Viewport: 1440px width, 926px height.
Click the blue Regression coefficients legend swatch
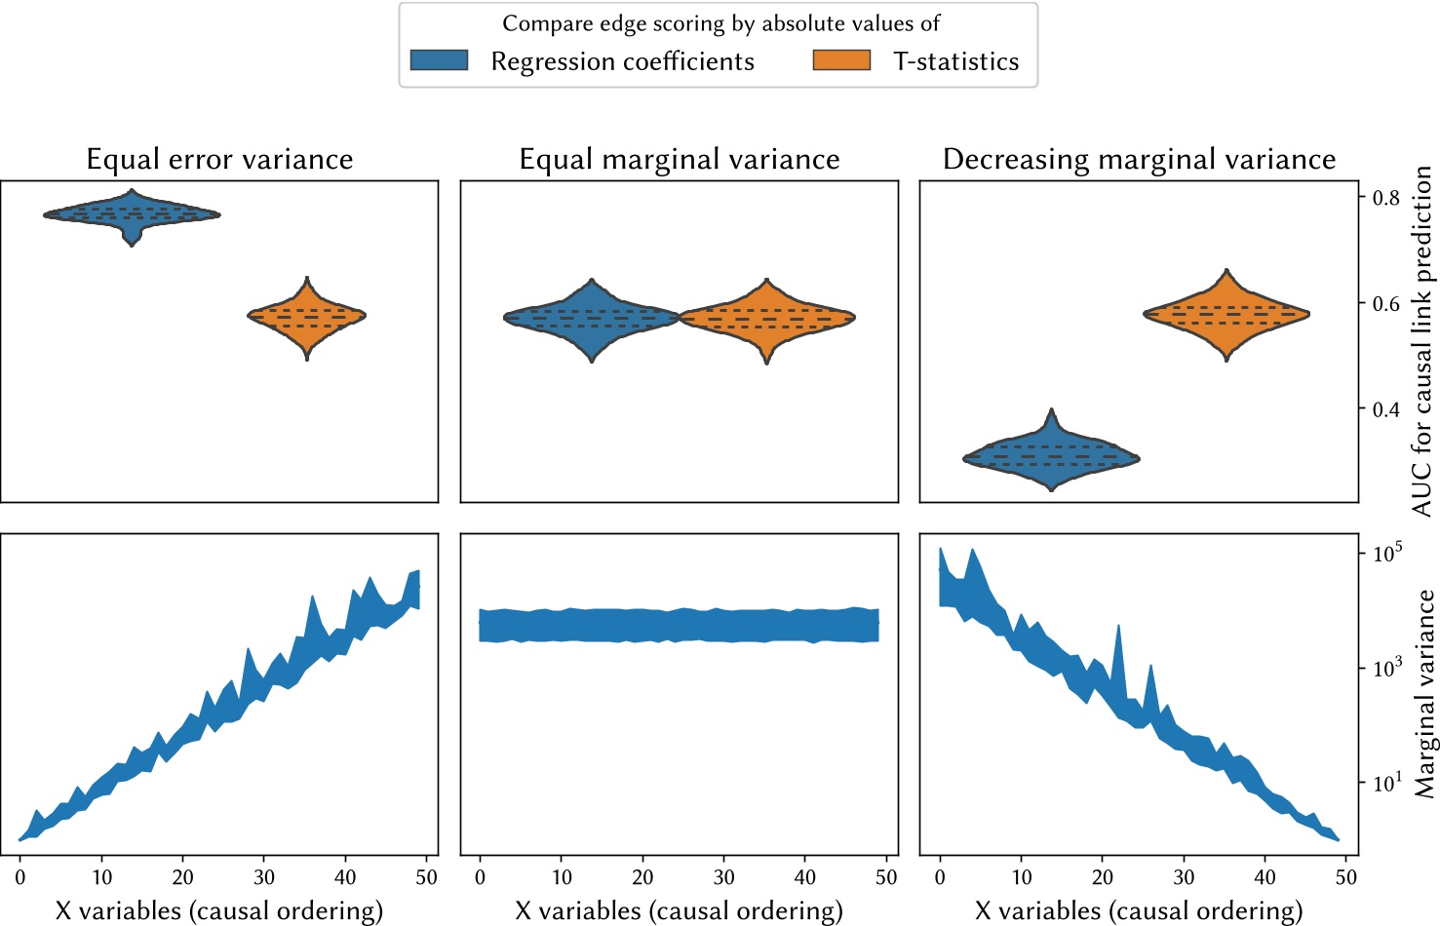(439, 60)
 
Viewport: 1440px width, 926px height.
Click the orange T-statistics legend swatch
(841, 60)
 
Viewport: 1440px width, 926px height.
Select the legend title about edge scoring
(720, 23)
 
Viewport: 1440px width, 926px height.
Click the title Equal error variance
(219, 159)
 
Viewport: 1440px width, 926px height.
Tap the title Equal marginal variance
(680, 159)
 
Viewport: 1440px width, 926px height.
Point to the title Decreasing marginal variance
(1139, 159)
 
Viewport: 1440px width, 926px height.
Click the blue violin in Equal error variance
(132, 214)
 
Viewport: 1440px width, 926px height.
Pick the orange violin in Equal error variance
(307, 316)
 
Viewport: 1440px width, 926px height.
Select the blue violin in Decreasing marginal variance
(1051, 456)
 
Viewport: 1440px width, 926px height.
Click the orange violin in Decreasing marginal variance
(1226, 314)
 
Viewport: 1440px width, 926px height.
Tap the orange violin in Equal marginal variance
(767, 318)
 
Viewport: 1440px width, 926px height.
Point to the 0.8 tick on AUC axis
(1385, 198)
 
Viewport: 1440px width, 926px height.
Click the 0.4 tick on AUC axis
(1385, 409)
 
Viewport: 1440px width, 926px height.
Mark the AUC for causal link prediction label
(1422, 341)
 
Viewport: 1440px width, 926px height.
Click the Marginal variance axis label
(1424, 694)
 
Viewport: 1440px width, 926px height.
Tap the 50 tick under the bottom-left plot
(426, 877)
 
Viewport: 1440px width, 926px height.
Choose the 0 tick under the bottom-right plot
(940, 877)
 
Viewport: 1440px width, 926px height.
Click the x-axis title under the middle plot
(679, 910)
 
